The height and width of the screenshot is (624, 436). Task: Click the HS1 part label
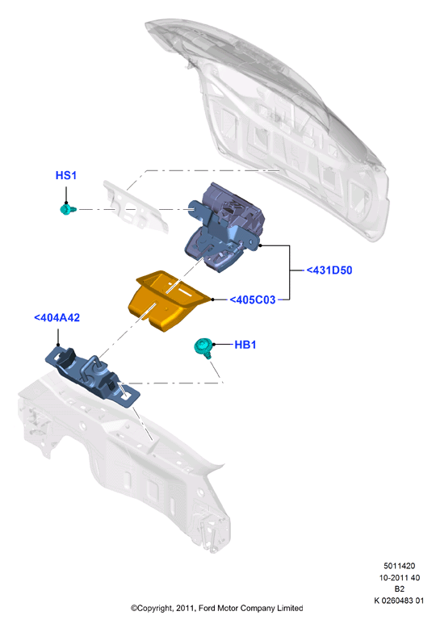coord(65,175)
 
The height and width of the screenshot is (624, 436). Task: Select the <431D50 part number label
coord(329,270)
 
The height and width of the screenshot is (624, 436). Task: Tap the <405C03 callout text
coord(253,299)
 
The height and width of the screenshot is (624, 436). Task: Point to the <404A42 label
coord(57,317)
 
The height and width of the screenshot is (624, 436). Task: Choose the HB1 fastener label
coord(245,345)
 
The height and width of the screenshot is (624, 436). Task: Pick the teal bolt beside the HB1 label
coord(203,347)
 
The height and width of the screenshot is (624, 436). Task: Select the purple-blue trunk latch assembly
coord(225,227)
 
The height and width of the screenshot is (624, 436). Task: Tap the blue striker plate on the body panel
coord(92,376)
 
